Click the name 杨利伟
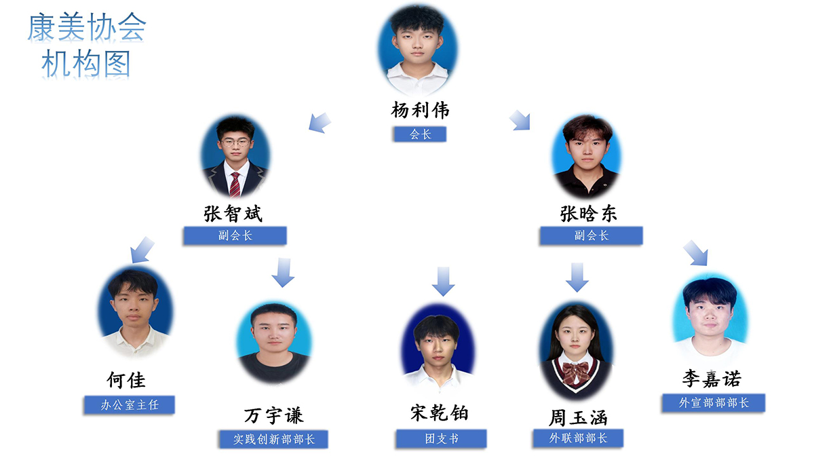420,110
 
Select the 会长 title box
420,134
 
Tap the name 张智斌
233,214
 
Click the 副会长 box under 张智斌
235,236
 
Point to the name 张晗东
589,214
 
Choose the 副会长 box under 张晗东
591,236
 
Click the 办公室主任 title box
130,405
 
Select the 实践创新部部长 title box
274,439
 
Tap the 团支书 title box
442,438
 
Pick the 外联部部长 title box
578,438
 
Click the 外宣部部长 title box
714,402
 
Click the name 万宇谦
273,415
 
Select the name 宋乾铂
440,413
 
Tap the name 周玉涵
578,416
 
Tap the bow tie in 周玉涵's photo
575,370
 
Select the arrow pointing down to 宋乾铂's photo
443,281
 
